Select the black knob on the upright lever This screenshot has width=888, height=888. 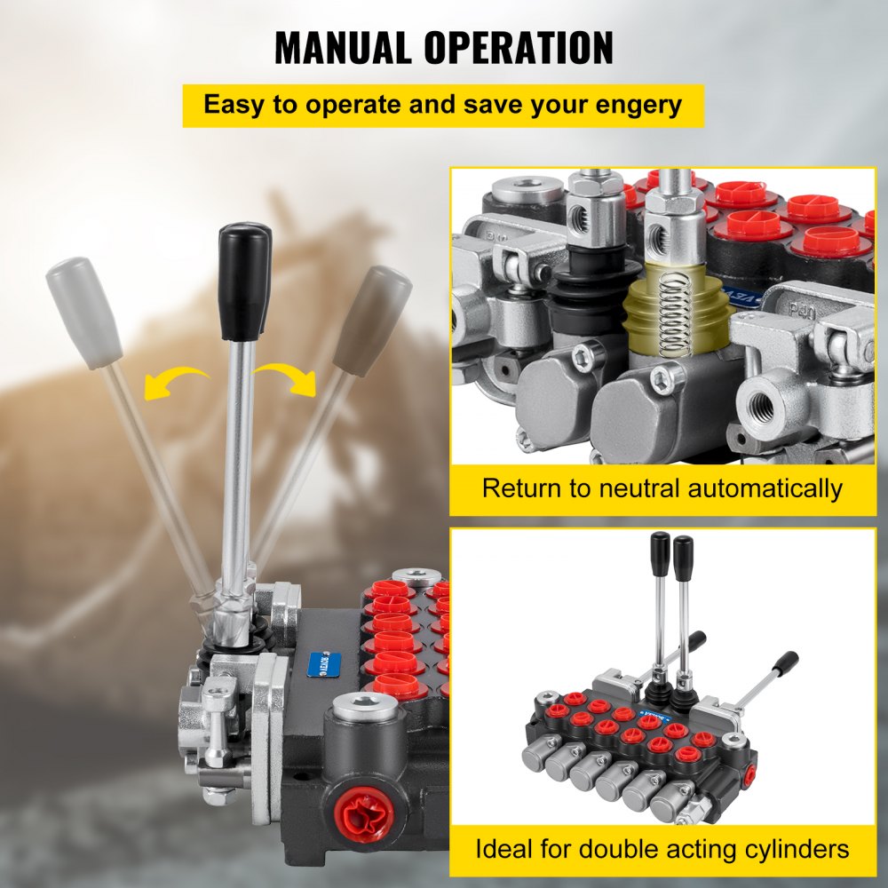244,280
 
